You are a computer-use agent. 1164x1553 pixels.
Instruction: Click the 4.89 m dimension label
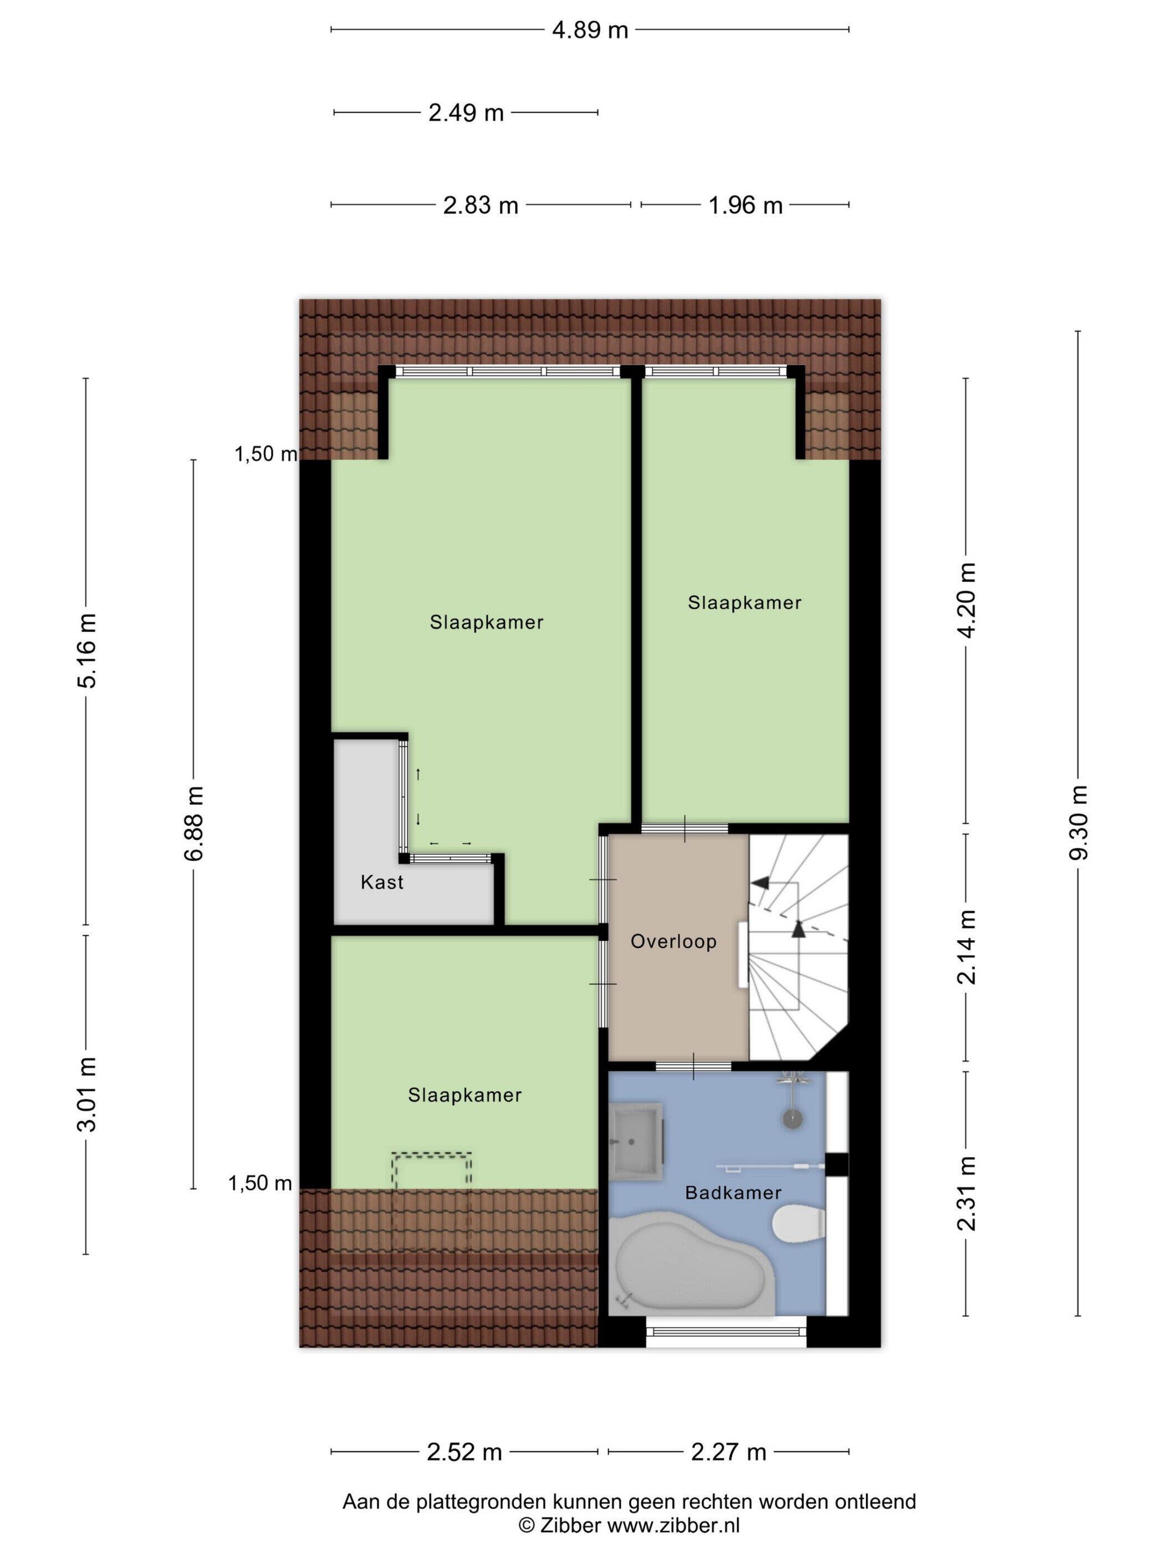(589, 30)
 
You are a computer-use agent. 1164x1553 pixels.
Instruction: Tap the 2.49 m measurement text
(466, 113)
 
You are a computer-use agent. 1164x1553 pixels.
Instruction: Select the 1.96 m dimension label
(745, 205)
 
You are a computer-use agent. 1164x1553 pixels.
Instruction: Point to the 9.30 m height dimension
(1079, 822)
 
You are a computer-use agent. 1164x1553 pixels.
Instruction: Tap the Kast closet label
(382, 882)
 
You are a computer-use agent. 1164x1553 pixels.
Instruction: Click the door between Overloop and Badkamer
(693, 1067)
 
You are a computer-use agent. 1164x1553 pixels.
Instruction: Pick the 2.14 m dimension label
(967, 947)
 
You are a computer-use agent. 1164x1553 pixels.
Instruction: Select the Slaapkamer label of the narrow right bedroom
(744, 602)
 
